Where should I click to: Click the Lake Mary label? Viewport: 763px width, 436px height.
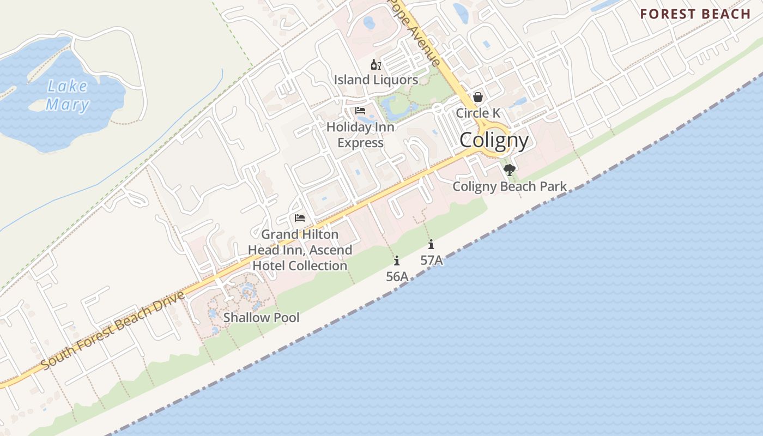[68, 95]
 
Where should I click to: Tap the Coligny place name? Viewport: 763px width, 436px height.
[494, 141]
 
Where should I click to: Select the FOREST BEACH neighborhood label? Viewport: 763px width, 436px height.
[695, 14]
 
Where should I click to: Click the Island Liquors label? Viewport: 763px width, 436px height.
[376, 80]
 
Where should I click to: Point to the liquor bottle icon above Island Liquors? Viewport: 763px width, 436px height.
[376, 65]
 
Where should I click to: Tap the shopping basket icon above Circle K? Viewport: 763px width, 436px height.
[478, 97]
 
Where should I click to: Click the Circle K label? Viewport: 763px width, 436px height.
[478, 113]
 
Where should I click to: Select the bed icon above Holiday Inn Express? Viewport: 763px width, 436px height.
[360, 111]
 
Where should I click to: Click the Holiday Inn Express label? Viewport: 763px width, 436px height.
[360, 135]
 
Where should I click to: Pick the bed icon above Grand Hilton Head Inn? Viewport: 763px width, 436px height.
[300, 218]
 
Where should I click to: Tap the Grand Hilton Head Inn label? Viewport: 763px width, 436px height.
[300, 250]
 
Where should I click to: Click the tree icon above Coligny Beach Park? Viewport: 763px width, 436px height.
[510, 170]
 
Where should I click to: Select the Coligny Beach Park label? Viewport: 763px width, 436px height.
[510, 186]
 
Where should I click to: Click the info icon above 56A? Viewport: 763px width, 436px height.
[397, 261]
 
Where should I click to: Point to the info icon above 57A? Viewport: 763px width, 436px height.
[431, 244]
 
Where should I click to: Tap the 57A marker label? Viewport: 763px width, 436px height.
[431, 261]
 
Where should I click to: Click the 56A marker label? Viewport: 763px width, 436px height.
[397, 277]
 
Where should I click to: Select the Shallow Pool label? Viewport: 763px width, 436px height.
[262, 317]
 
